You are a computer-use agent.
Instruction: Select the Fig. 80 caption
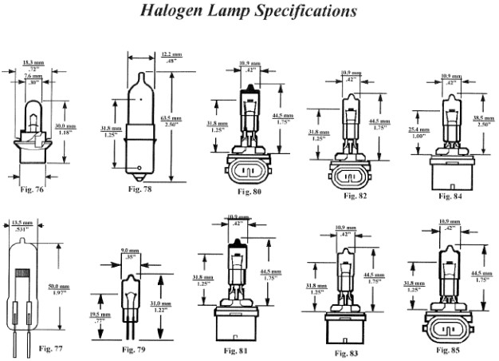tap(249, 192)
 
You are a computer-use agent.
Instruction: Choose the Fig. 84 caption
tap(451, 194)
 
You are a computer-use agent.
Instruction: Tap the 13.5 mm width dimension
tap(21, 222)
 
